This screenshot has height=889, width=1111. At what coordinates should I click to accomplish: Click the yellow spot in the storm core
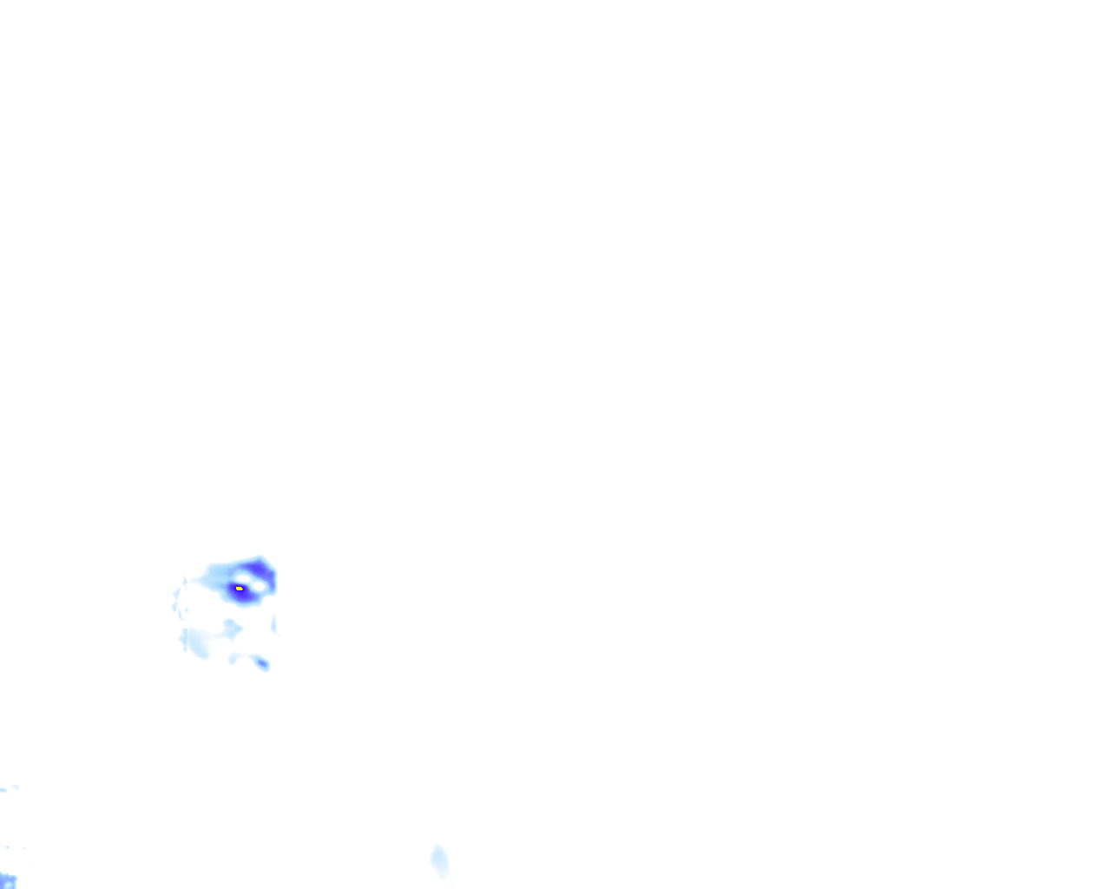click(240, 589)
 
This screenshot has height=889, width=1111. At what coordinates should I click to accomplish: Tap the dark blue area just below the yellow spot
click(242, 597)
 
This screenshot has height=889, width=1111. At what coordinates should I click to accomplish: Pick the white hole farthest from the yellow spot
click(258, 585)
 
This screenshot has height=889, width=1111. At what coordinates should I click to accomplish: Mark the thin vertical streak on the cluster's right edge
click(274, 622)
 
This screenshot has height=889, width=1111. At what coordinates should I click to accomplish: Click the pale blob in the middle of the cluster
click(230, 627)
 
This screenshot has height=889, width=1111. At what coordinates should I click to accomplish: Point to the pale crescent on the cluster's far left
click(176, 601)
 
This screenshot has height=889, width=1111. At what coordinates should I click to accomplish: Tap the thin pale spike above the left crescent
click(185, 580)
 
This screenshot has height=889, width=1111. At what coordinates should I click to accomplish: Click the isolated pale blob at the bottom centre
click(439, 860)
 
